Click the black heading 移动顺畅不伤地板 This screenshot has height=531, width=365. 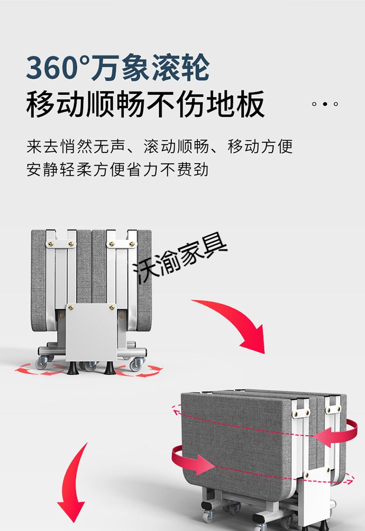point(146,104)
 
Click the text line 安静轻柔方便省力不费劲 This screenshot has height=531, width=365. point(118,169)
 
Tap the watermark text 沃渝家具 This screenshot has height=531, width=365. point(181,258)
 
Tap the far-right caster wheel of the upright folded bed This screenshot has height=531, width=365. point(139,362)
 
